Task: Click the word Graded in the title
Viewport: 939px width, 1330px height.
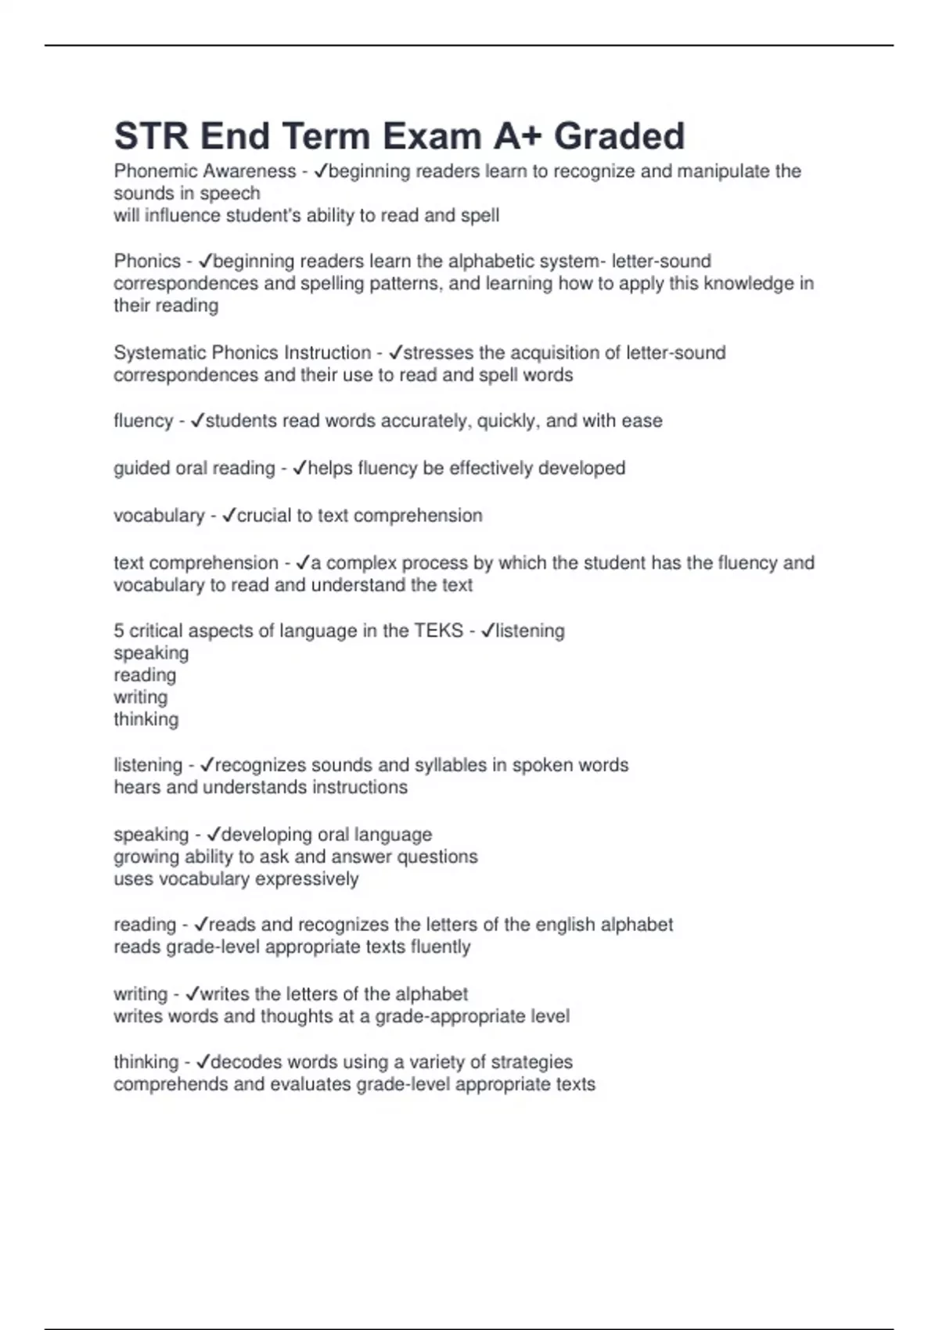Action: point(619,136)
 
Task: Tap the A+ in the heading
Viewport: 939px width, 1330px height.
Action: point(518,136)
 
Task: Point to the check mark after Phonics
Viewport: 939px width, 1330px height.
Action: point(206,261)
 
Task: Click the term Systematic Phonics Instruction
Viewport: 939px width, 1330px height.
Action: point(243,353)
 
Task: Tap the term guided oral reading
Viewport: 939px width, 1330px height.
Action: point(194,468)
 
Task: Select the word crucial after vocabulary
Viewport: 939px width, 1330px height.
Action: point(264,516)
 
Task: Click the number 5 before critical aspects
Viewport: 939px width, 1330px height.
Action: point(119,631)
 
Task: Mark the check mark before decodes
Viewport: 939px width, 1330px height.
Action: point(203,1062)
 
